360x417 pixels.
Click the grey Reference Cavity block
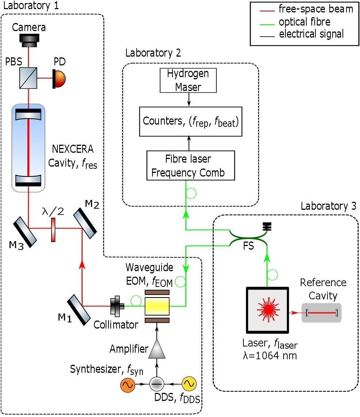click(321, 313)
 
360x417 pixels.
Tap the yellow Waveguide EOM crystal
click(157, 306)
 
